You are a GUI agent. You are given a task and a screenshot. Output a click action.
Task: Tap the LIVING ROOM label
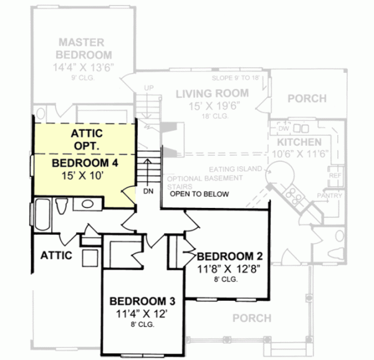[211, 93]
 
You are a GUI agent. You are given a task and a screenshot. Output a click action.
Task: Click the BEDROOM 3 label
[143, 301]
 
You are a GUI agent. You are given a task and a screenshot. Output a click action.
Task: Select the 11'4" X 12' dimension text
[143, 313]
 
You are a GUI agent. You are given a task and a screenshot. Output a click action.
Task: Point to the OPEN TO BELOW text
[199, 194]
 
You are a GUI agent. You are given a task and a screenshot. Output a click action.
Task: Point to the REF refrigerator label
[334, 176]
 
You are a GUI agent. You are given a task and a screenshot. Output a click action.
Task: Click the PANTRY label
[330, 196]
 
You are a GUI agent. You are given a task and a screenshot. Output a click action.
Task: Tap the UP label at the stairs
[148, 88]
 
